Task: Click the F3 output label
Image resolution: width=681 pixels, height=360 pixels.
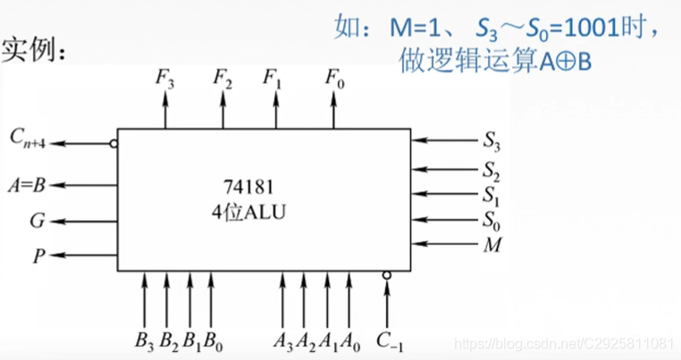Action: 165,78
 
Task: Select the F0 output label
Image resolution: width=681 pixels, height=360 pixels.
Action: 333,78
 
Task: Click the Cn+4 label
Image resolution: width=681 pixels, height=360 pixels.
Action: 31,138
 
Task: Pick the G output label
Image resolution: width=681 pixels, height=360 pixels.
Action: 38,220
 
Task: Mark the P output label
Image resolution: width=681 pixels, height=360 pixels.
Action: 38,255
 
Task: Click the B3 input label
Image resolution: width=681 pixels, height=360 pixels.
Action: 144,339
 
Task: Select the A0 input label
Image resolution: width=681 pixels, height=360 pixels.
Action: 352,339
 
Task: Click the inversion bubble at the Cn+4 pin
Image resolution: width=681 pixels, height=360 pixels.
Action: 113,142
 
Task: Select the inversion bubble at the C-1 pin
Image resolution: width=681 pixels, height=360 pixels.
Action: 386,275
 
